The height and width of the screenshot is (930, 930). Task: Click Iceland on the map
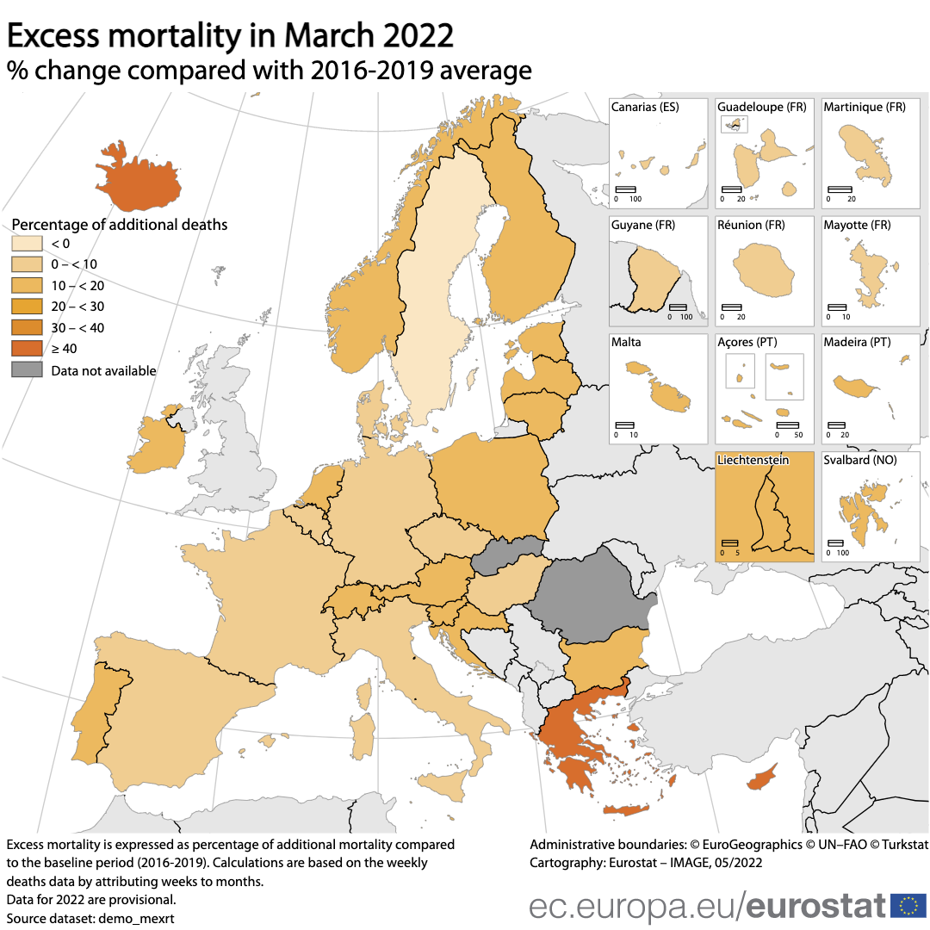pos(138,182)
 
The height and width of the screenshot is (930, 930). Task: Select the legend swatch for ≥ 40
pos(27,349)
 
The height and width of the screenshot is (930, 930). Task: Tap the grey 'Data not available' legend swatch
pos(27,370)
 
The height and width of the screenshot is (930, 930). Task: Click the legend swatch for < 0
pos(27,244)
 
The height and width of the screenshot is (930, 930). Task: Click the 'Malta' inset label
pos(626,342)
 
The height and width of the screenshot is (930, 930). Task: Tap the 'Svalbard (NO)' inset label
pos(859,461)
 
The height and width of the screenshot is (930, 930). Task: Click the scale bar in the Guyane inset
pos(678,307)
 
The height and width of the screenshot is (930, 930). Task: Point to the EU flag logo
pos(908,905)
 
